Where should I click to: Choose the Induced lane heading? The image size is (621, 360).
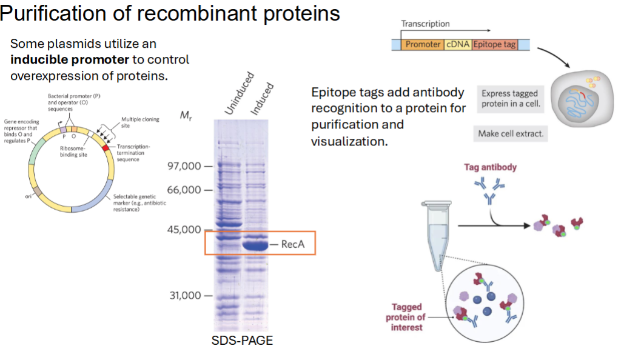pos(262,98)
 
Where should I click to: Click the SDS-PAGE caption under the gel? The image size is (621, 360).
pos(242,341)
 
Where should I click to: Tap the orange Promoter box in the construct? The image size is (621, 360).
pos(422,44)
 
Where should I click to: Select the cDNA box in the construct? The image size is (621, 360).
pos(457,44)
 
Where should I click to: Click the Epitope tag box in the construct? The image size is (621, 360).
pos(494,44)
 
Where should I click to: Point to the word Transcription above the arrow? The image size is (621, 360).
pos(425,24)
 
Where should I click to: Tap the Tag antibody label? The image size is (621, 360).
pos(490,167)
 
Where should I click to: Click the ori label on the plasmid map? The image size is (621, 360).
pos(28,196)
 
